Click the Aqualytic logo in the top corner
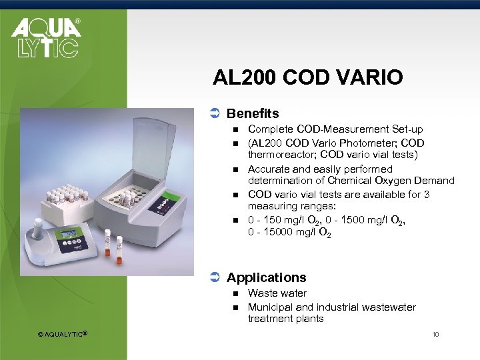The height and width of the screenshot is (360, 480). (45, 37)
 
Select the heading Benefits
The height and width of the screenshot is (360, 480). (253, 114)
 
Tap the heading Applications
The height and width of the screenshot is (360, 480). (266, 277)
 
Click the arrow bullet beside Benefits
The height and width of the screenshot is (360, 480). (215, 114)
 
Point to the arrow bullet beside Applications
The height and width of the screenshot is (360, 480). (215, 277)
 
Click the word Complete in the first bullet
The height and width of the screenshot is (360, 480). (270, 129)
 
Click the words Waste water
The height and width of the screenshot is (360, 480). (277, 293)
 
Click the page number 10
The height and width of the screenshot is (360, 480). (435, 333)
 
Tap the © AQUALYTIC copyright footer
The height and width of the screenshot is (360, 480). (63, 333)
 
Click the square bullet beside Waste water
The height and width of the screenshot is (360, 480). (235, 293)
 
